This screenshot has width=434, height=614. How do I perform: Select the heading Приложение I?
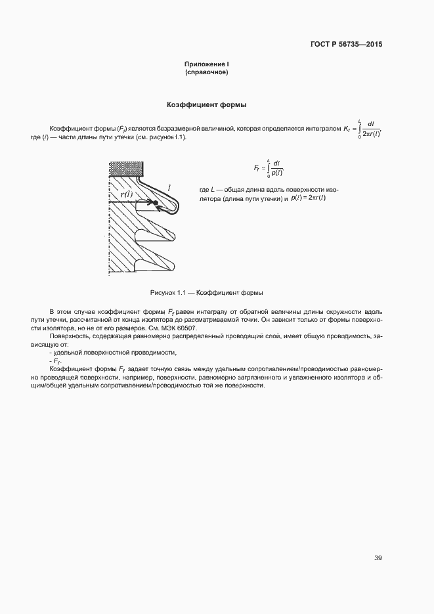(206, 64)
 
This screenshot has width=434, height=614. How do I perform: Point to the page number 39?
(378, 558)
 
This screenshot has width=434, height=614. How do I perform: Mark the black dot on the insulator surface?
(156, 203)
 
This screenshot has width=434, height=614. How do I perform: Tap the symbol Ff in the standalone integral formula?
(257, 168)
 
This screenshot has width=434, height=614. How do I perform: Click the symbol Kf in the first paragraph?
(347, 129)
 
